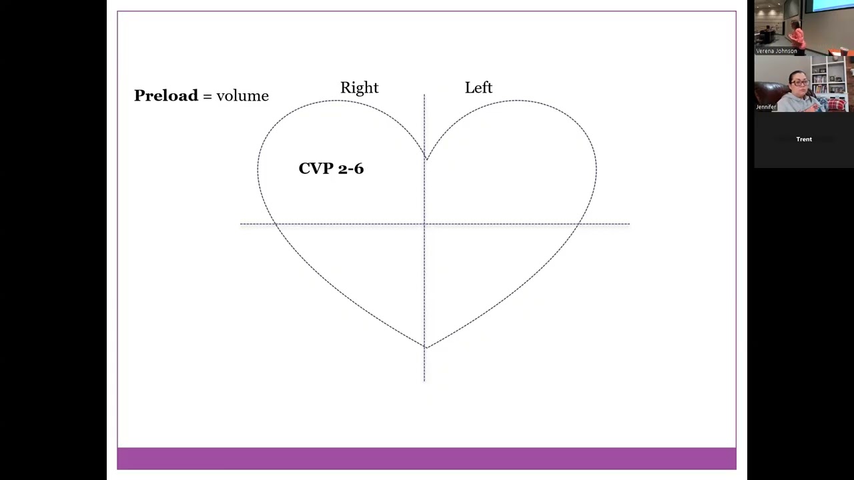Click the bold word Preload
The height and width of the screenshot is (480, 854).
click(x=166, y=96)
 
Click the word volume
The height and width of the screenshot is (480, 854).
click(x=242, y=96)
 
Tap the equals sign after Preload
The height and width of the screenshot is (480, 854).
click(x=207, y=97)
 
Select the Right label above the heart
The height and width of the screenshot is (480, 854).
click(x=359, y=88)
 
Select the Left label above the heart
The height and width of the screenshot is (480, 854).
click(x=478, y=88)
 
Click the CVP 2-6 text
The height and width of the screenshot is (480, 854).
click(x=331, y=169)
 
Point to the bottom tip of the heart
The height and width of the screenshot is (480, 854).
click(x=426, y=347)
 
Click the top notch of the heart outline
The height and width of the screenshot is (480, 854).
click(x=426, y=159)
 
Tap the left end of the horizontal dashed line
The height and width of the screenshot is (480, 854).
click(x=242, y=224)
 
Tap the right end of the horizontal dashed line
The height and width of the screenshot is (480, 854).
click(x=628, y=224)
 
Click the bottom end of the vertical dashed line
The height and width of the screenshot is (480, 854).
click(x=424, y=380)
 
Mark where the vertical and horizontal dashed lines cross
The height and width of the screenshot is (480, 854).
click(x=424, y=224)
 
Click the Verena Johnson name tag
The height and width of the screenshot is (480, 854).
click(x=776, y=51)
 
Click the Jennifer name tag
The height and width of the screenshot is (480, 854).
click(x=766, y=107)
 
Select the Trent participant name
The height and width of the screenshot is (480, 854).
click(x=804, y=139)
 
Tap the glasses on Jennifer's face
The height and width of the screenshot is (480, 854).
click(x=799, y=83)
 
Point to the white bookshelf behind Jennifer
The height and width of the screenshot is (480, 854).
click(x=829, y=77)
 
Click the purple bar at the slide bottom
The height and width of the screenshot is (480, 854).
click(x=426, y=459)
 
